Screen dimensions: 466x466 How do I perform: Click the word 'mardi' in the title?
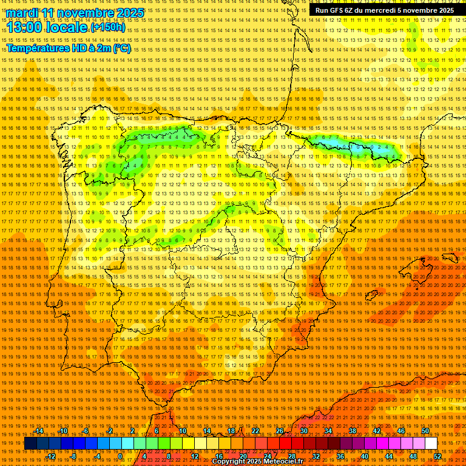pos(21,13)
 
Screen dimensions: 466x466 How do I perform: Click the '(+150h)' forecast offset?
pos(107,28)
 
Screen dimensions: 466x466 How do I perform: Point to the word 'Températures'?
pos(38,48)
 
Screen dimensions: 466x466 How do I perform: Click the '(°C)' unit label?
pos(122,48)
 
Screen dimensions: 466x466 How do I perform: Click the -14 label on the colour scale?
pos(39,431)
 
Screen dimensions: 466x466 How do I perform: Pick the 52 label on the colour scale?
pos(437,456)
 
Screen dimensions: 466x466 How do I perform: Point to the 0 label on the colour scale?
pos(121,456)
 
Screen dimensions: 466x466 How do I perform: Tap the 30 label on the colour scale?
pos(304,431)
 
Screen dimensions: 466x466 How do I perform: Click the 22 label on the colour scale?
pos(255,431)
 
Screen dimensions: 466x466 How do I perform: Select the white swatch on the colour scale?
pos(431,444)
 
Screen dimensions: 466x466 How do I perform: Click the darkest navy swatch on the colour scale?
pos(30,444)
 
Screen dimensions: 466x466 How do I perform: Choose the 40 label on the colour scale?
pos(365,456)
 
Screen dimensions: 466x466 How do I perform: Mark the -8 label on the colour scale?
pos(74,456)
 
